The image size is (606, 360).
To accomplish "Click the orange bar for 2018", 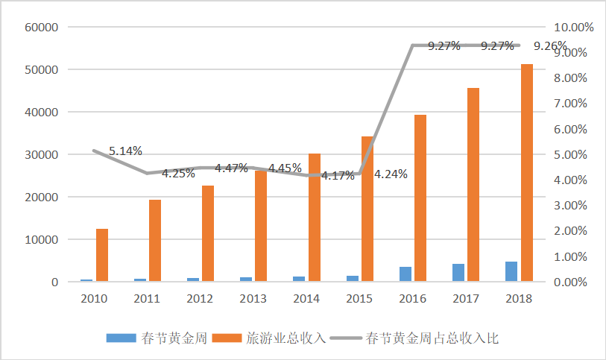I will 527,173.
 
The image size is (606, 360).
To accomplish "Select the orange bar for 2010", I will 102,255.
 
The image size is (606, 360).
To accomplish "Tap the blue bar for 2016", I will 405,274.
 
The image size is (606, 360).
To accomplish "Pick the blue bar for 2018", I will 511,272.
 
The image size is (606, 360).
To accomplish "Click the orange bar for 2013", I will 262,226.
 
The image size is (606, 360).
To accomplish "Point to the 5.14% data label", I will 125,151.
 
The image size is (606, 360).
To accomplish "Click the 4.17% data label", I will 338,177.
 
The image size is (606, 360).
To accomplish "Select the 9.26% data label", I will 551,46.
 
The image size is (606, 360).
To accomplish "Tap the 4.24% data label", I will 391,174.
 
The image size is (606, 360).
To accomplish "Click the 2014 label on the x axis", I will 307,299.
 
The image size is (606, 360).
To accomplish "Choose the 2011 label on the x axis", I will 147,299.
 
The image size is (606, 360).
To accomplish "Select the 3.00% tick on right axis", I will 572,206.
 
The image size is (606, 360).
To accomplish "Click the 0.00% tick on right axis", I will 572,282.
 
